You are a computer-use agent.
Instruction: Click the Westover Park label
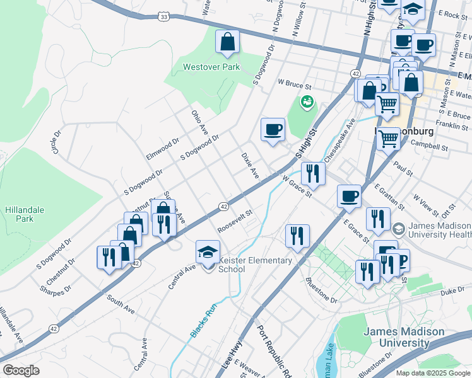[x=209, y=66]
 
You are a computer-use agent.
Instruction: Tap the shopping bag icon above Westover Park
[x=227, y=43]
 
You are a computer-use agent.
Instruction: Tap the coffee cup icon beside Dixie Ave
[x=273, y=130]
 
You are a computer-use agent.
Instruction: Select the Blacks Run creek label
[x=199, y=323]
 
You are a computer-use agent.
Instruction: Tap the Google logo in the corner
[x=21, y=370]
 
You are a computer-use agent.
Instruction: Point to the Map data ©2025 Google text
[x=432, y=373]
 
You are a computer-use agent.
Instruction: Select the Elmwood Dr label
[x=163, y=149]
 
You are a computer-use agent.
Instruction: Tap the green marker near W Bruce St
[x=307, y=101]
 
